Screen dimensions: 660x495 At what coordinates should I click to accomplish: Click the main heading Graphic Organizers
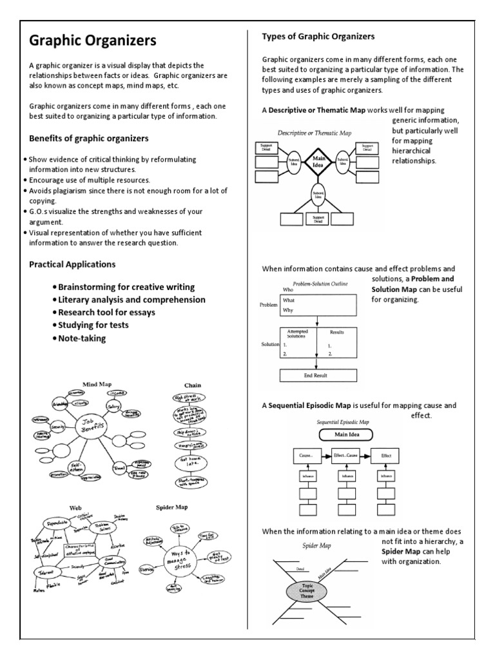93,42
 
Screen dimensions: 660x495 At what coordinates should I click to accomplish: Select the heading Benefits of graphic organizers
89,139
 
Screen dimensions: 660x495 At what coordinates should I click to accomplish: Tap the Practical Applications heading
72,264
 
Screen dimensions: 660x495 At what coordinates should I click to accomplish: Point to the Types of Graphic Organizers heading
318,36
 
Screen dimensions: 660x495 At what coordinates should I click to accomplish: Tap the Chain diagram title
193,385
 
